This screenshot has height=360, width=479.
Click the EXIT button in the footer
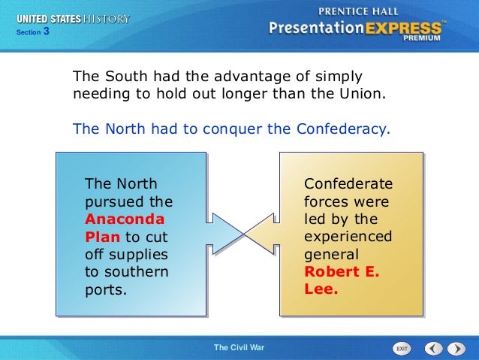pyautogui.click(x=402, y=349)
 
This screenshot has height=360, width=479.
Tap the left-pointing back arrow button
pyautogui.click(x=433, y=349)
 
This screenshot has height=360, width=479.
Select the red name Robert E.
pyautogui.click(x=342, y=271)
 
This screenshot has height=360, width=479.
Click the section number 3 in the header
pyautogui.click(x=45, y=32)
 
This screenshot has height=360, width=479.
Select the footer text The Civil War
pyautogui.click(x=239, y=347)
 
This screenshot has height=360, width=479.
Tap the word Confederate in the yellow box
pyautogui.click(x=348, y=185)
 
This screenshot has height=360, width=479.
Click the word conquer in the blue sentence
pyautogui.click(x=223, y=129)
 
